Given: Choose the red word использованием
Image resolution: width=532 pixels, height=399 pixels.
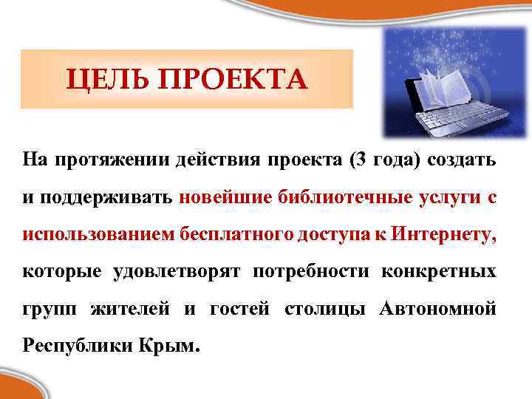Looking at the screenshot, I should (99, 234).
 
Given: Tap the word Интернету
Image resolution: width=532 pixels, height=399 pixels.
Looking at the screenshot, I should (445, 234).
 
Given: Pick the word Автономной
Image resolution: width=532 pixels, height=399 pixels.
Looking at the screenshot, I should (437, 308).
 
